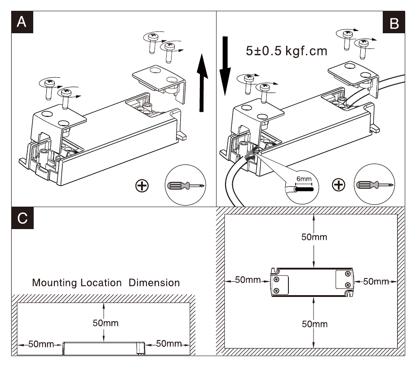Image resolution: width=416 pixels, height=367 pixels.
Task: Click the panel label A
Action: [x=22, y=22]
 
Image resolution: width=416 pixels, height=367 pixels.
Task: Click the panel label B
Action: [x=394, y=22]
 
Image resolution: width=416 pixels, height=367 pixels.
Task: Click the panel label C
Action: [x=22, y=218]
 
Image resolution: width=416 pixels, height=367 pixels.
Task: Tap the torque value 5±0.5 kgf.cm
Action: [x=287, y=51]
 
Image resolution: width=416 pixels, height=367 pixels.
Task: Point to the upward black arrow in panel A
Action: [x=202, y=83]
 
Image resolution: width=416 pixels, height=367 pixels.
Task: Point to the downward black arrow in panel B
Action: [x=225, y=66]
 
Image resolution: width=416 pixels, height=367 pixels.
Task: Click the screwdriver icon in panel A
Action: [x=186, y=185]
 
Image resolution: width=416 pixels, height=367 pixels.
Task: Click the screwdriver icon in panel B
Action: [x=375, y=185]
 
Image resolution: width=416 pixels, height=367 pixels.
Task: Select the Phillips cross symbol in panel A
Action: [x=142, y=186]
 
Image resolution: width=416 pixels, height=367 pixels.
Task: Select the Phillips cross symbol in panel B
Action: [x=339, y=185]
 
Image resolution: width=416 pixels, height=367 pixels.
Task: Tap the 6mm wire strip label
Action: [x=304, y=179]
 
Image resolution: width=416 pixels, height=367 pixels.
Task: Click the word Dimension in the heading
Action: [x=154, y=283]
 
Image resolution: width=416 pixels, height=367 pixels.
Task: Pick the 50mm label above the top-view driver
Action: [x=314, y=237]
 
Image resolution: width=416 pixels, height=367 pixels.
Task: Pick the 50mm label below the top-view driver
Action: [x=314, y=324]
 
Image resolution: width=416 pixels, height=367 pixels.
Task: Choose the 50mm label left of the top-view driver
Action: [x=248, y=280]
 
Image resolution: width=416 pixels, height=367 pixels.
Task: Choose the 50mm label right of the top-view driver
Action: [x=376, y=281]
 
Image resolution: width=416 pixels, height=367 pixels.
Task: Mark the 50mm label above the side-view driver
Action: [x=106, y=323]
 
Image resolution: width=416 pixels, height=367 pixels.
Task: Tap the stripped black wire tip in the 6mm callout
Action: [x=304, y=189]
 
